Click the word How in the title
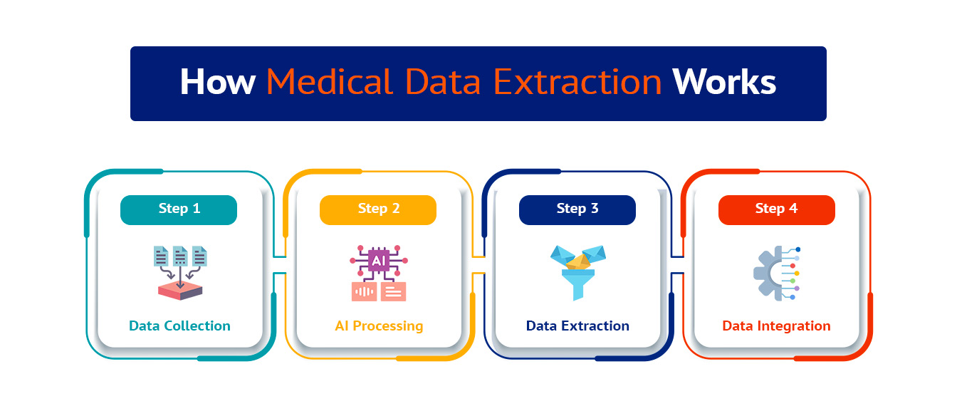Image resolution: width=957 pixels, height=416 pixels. (217, 82)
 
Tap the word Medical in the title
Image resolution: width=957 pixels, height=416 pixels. (330, 82)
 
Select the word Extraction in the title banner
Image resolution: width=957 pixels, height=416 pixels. (577, 82)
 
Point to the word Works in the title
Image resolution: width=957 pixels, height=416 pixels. (724, 82)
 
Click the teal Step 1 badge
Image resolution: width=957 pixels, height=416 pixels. (179, 210)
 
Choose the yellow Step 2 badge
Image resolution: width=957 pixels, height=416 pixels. (378, 210)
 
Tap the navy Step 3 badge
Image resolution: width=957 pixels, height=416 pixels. (577, 210)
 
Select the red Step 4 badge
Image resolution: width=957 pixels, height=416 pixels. (777, 210)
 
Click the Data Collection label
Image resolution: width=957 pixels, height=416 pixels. (179, 326)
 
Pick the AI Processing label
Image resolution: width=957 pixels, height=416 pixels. (379, 326)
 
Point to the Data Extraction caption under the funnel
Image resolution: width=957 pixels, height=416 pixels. (577, 326)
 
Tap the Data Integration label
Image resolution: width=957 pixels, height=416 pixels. (776, 326)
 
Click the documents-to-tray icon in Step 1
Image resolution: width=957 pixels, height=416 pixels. (180, 273)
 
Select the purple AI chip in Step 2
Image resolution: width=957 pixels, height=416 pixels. (379, 261)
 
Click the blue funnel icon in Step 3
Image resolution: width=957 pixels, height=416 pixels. (578, 273)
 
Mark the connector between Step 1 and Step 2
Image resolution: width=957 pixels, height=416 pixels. (280, 265)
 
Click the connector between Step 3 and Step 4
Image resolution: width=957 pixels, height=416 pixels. (678, 265)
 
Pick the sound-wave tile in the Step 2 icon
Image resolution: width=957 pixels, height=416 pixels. (364, 291)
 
